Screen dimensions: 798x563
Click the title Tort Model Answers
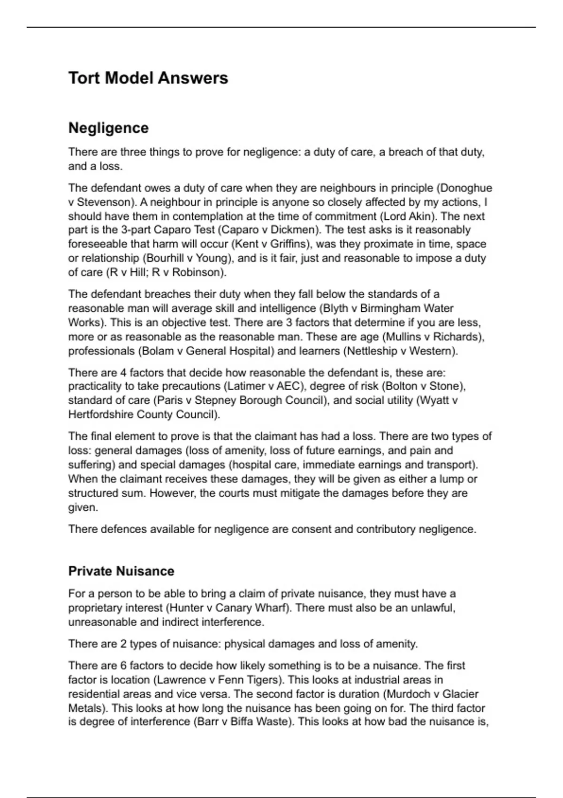pyautogui.click(x=148, y=78)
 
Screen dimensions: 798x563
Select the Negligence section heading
pyautogui.click(x=108, y=128)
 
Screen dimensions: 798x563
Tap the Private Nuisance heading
pyautogui.click(x=121, y=571)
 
